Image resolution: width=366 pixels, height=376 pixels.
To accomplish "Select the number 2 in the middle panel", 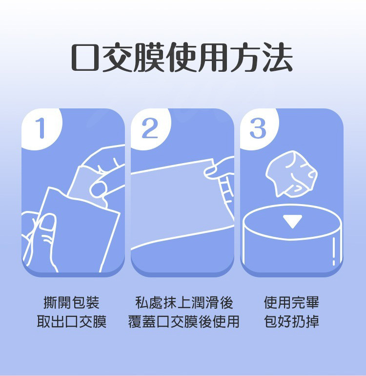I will [x=150, y=128].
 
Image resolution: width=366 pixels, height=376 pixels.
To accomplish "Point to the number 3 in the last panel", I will [x=258, y=128].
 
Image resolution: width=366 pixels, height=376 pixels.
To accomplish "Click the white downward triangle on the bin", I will [x=292, y=221].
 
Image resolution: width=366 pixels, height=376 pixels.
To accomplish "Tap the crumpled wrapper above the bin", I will [x=291, y=173].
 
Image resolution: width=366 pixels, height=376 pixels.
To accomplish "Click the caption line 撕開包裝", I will [x=72, y=303].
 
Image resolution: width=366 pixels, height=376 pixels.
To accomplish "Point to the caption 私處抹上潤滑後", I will [x=184, y=303].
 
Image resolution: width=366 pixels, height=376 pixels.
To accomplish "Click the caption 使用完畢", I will [x=292, y=303].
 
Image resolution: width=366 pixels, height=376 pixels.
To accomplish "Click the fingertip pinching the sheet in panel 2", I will [x=213, y=170].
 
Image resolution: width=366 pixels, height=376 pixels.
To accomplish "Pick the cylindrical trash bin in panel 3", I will [x=291, y=239].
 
